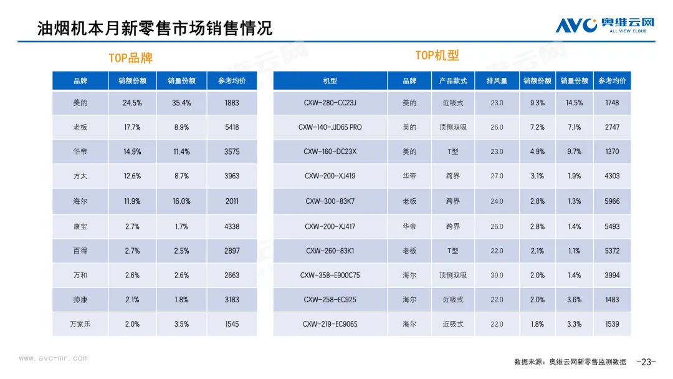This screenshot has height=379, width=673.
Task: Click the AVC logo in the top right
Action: pos(605,25)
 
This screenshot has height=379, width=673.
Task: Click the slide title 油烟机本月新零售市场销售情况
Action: pos(155,27)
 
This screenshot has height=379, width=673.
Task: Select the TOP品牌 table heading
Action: pos(130,58)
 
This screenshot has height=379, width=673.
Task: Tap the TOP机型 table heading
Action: pos(437,55)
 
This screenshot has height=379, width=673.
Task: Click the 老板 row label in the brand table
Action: pos(80,127)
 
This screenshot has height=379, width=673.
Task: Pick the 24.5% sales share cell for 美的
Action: pos(132,103)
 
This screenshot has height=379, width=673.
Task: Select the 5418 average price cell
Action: pos(232,127)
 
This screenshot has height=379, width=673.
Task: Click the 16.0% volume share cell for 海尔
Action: pos(181,201)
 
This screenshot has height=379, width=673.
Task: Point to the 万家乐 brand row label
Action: pos(80,324)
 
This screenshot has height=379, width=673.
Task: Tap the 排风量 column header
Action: pos(497,81)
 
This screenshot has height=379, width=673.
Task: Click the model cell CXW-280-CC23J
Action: pos(330,103)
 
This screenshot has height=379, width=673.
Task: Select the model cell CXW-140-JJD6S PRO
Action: pos(330,127)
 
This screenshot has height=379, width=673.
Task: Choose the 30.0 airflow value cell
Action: pos(497,275)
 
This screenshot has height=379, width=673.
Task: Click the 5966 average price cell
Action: pos(612,201)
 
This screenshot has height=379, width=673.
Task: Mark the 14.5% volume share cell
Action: pos(574,103)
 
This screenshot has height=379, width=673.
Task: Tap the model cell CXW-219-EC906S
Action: pos(330,324)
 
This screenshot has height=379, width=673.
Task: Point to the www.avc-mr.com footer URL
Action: pos(54,358)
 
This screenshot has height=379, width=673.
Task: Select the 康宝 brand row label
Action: pos(80,226)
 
